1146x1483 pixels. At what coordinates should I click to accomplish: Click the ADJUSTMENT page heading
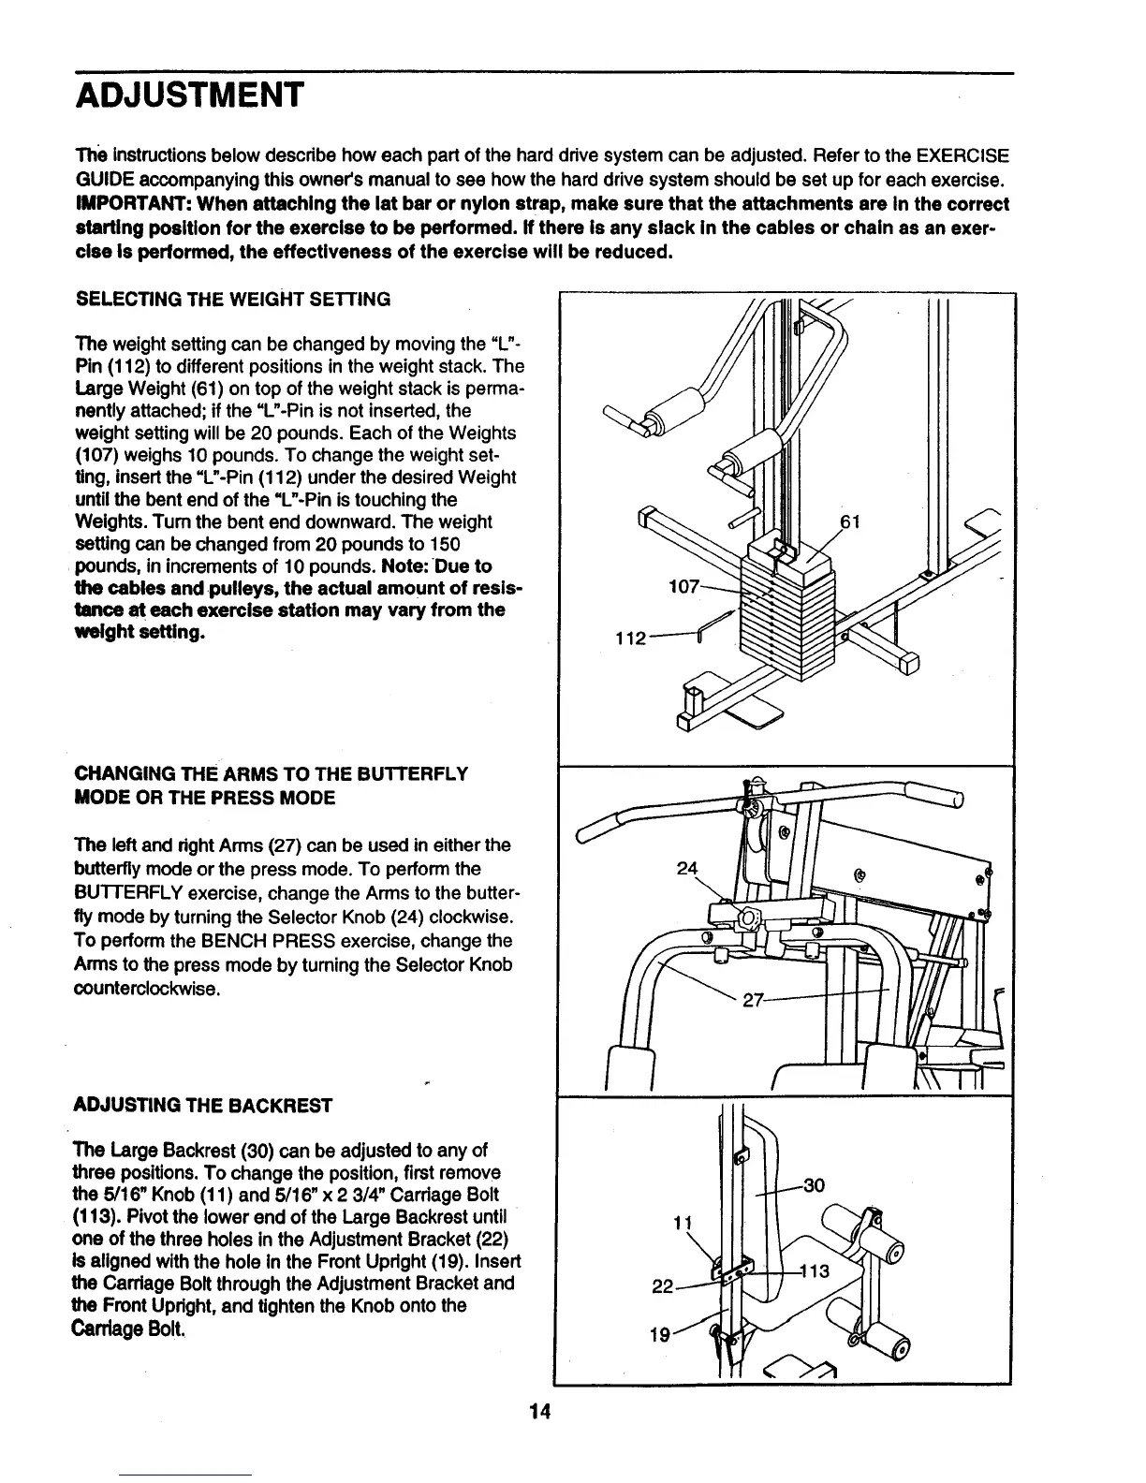189,95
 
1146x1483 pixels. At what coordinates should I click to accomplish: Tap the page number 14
537,1413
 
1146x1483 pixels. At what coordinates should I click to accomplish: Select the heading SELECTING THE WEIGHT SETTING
232,300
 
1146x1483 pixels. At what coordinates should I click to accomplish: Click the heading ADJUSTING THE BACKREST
202,1105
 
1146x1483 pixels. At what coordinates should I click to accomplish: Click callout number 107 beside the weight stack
682,587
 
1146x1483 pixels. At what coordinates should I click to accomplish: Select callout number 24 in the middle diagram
688,868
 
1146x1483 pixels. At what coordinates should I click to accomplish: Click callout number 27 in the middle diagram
755,1000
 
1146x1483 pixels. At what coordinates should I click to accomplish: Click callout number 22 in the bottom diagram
662,1287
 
